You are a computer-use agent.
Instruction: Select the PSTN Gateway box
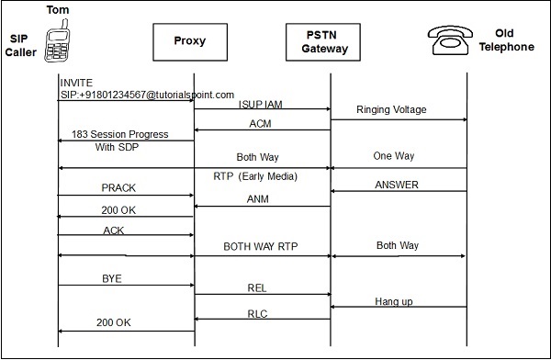[330, 41]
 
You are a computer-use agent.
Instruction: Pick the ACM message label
[260, 123]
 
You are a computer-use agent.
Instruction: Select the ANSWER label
[397, 185]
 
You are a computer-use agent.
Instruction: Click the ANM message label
[259, 199]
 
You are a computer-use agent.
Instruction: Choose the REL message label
[258, 288]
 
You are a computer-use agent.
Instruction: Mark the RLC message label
[258, 312]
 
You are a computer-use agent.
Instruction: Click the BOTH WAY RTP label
[263, 246]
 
